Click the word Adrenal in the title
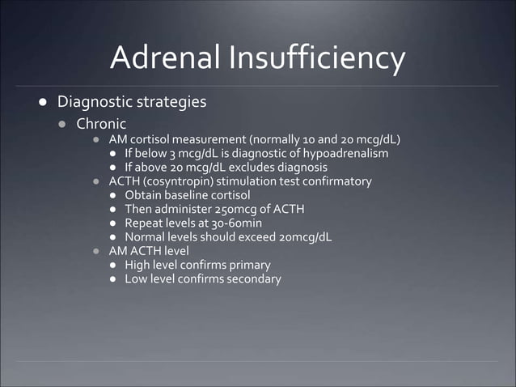coord(165,57)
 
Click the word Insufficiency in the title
coord(316,57)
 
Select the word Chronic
coord(101,124)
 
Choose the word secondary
coord(253,279)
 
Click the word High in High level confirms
coord(137,265)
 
